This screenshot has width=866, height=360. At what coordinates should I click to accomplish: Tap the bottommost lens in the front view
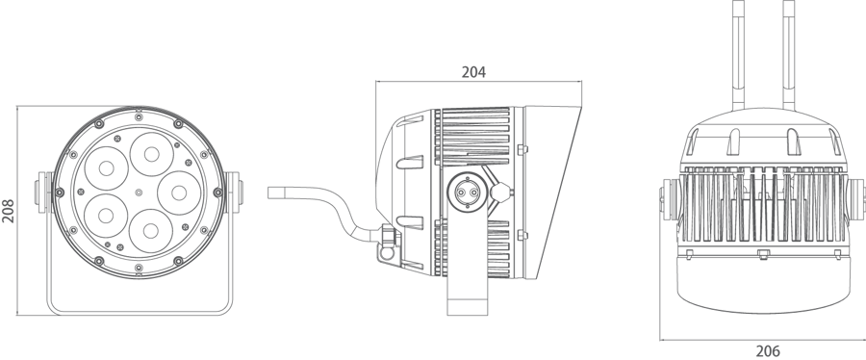click(152, 228)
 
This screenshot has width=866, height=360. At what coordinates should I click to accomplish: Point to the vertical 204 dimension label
click(8, 211)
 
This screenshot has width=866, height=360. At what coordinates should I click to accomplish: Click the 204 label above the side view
click(473, 71)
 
